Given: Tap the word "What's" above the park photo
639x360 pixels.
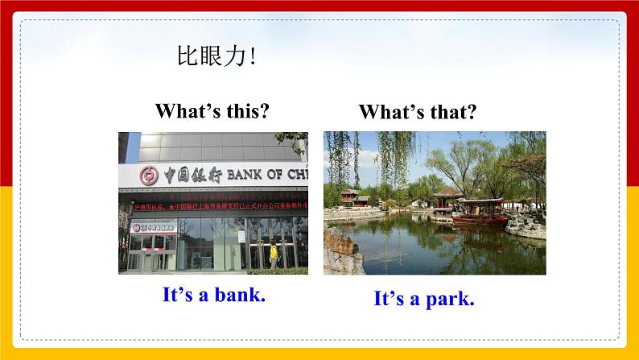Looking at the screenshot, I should (388, 112).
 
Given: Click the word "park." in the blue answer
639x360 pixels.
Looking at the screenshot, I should (447, 299).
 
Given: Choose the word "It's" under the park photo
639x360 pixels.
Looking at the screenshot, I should (391, 299).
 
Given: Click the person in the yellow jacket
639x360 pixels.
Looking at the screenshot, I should (274, 255).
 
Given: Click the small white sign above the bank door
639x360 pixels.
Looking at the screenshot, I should (153, 228).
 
